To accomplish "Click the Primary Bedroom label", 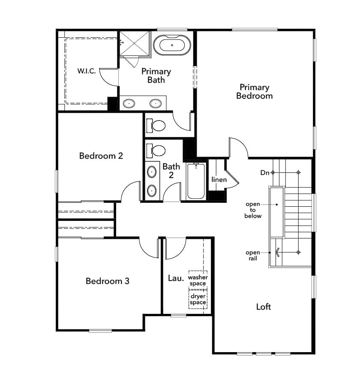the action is tap(255, 92).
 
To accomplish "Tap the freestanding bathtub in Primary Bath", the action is tap(172, 45).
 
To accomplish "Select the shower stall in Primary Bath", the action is tap(135, 43).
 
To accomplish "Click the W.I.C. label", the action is tap(87, 71).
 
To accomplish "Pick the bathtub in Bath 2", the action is tap(196, 181).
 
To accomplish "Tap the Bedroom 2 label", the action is tap(101, 156).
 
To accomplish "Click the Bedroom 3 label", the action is tap(107, 281).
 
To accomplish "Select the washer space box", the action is tap(198, 280).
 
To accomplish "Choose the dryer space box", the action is tap(198, 299).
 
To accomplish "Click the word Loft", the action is tap(264, 307).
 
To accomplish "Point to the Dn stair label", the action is tap(264, 173).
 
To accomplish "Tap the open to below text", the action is tap(253, 210).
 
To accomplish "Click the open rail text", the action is tap(253, 256).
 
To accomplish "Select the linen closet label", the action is tap(219, 179).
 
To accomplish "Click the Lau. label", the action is tap(176, 278).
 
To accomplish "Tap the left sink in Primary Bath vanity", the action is tap(129, 103).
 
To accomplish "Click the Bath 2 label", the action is tap(171, 171).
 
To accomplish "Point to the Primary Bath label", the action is tap(156, 75).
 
